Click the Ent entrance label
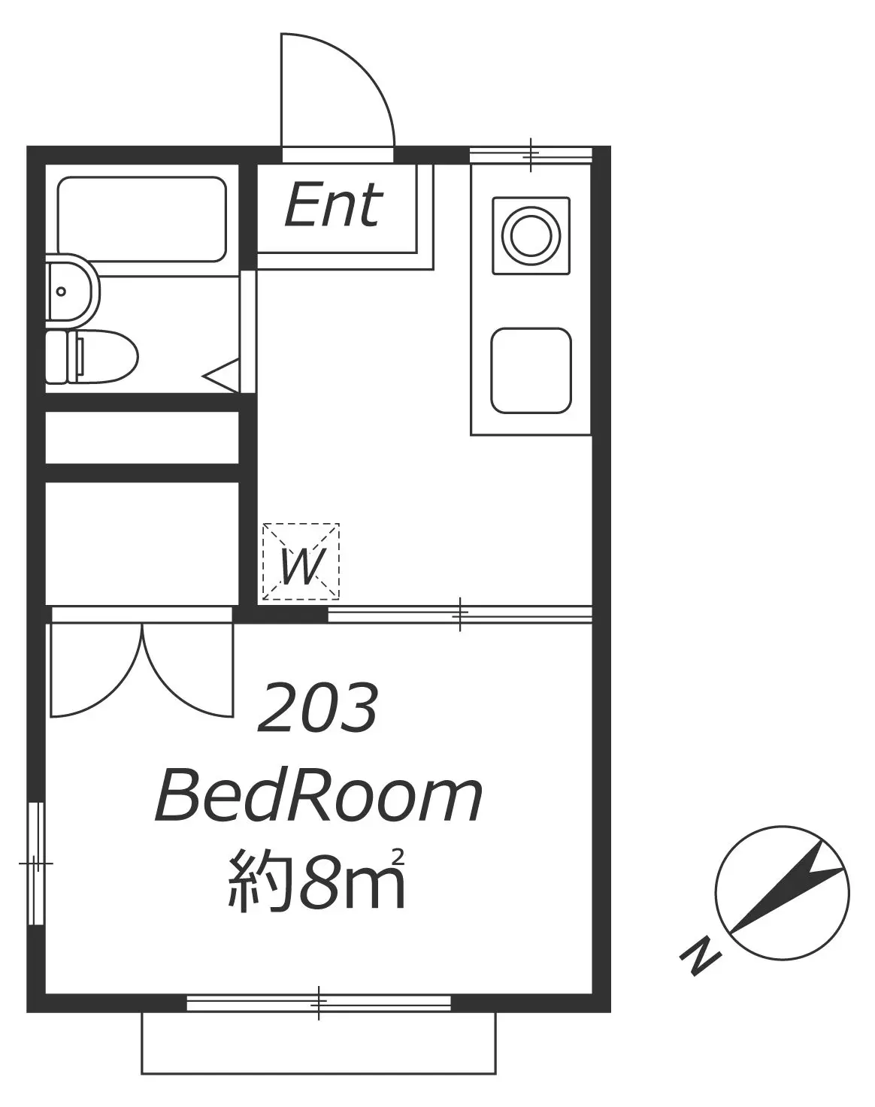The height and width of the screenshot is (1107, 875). point(334,206)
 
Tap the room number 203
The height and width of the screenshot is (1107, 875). point(318,707)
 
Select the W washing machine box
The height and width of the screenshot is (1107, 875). point(301,561)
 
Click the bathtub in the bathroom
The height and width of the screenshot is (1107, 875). point(142,219)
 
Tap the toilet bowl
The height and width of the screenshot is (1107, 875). point(92,356)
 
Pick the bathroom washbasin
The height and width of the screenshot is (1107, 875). point(72,289)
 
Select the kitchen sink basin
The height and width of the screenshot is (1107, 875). point(531,371)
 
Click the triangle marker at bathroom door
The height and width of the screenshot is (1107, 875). point(221,376)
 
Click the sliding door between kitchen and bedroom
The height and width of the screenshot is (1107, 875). point(460,614)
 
